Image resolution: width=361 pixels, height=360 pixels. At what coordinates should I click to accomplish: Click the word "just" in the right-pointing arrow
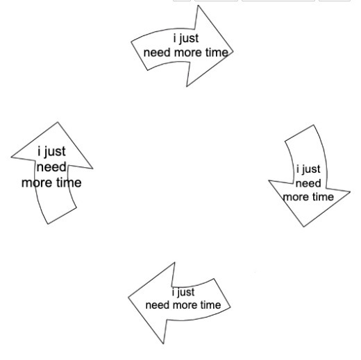(x=189, y=39)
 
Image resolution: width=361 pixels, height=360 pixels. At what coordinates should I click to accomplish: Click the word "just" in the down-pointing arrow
(x=310, y=169)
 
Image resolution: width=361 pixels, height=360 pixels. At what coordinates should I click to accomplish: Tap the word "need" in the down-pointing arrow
(x=308, y=183)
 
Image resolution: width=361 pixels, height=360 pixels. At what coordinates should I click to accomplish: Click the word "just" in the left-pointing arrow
(x=185, y=293)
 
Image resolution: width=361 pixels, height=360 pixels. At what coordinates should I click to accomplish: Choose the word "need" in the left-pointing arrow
(x=158, y=305)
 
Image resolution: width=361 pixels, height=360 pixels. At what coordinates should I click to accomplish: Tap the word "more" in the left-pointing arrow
(x=185, y=305)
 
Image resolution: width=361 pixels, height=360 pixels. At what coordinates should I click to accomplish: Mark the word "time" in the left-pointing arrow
(x=210, y=305)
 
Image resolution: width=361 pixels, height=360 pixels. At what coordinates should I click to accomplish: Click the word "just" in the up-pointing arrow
(x=55, y=152)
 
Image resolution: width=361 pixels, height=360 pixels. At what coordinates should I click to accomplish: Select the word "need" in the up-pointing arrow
(x=51, y=167)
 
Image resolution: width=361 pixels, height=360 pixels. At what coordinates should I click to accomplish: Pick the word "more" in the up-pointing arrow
(x=37, y=183)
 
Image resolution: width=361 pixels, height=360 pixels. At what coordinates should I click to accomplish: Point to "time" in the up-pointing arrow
(x=69, y=182)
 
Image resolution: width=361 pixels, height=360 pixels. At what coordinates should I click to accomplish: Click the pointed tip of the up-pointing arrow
(x=58, y=122)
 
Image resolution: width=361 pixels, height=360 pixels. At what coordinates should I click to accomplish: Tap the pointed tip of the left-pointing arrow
(x=128, y=298)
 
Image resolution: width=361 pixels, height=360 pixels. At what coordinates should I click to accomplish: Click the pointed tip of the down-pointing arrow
(x=303, y=227)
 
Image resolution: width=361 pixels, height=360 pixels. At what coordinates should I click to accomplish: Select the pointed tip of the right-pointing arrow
(x=233, y=51)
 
